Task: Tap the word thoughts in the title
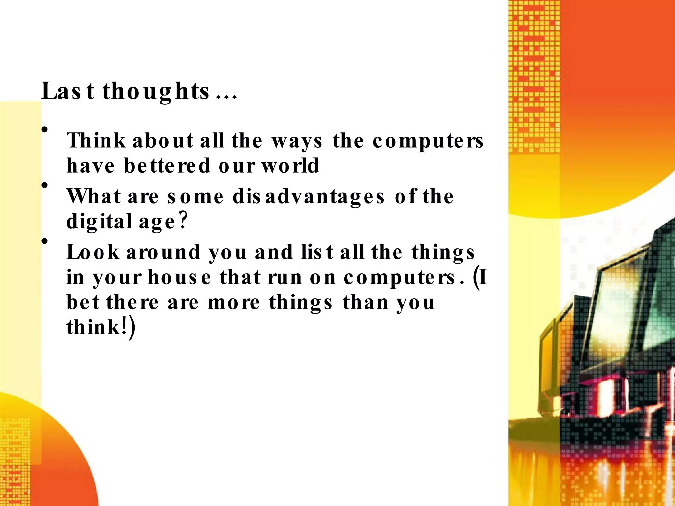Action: click(x=156, y=92)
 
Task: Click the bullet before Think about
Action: click(x=45, y=130)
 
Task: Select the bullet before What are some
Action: click(x=45, y=185)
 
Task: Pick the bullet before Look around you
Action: click(x=45, y=241)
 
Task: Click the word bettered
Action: click(x=167, y=165)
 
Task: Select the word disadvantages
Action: click(x=308, y=197)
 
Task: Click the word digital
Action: click(x=99, y=222)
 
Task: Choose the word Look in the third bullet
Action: click(x=93, y=252)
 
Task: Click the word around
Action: click(x=163, y=252)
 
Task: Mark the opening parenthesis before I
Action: click(x=476, y=277)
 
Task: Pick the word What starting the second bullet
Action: click(x=94, y=197)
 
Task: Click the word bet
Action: click(x=83, y=302)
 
